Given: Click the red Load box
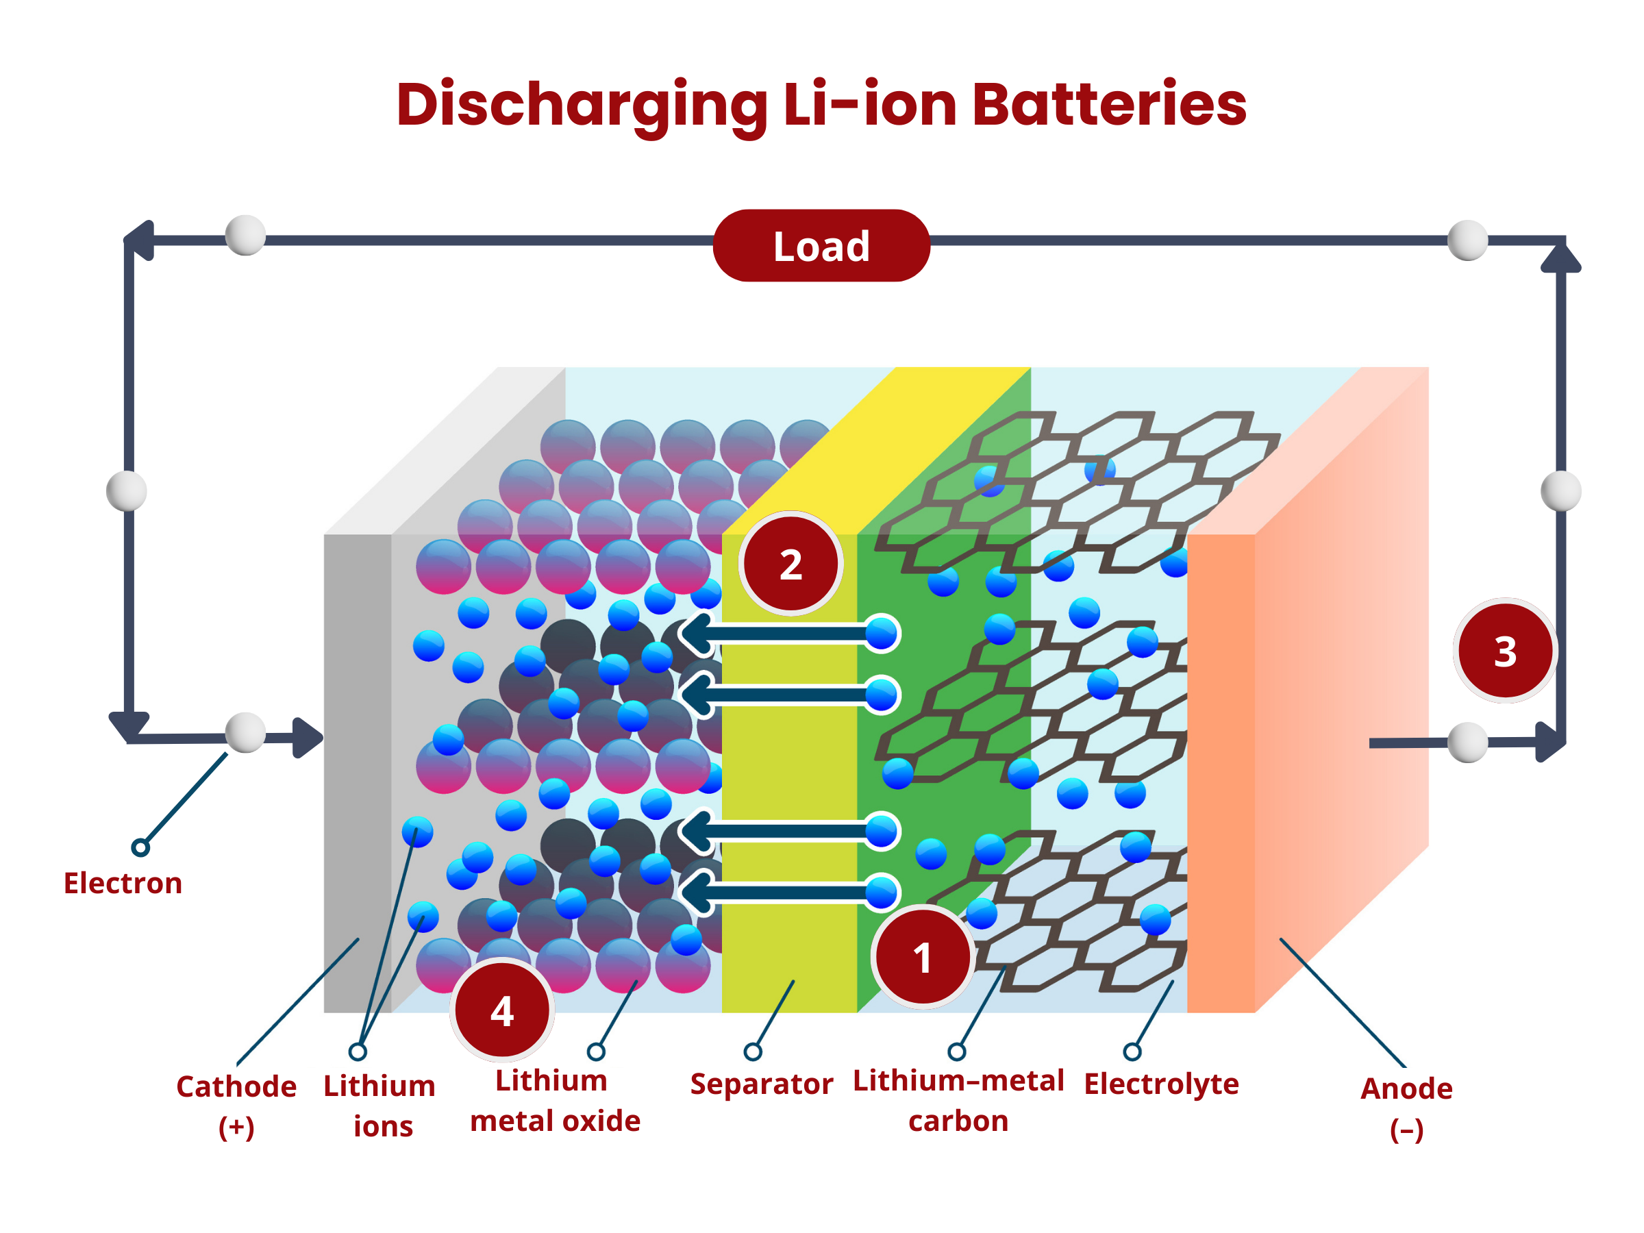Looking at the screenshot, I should (x=821, y=247).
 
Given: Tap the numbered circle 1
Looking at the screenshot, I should (x=922, y=957).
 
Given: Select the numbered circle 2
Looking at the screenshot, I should (x=790, y=565).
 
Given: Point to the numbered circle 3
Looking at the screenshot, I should (x=1505, y=652).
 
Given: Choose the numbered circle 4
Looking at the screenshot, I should (x=501, y=1011).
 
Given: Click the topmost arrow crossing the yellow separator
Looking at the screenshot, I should (x=788, y=633).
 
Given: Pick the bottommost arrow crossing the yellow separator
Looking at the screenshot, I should (x=788, y=893).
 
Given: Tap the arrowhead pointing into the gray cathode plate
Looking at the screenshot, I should (x=308, y=737).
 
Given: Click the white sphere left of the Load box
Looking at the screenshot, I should (x=245, y=236).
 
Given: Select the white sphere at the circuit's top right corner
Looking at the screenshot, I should (x=1468, y=240).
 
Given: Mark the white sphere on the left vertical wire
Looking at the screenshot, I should (x=127, y=490).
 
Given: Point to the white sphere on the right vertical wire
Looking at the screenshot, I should (x=1564, y=490).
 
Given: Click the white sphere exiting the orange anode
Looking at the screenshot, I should (x=1468, y=743).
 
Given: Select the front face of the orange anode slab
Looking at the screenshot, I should (x=1221, y=773).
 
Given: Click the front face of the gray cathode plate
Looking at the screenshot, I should (x=358, y=773).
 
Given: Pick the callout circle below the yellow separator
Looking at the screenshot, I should (x=753, y=1051).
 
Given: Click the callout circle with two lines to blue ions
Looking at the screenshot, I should (x=358, y=1051).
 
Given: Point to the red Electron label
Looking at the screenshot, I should (x=123, y=885).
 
